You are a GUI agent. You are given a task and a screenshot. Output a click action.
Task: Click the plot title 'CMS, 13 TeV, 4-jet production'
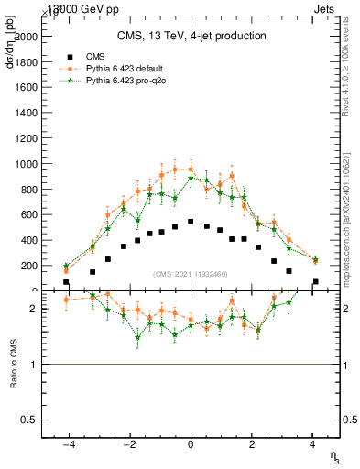pos(191,37)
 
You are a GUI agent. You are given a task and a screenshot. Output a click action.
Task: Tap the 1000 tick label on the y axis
pos(29,164)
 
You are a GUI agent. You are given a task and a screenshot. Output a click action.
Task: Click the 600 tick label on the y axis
pos(32,214)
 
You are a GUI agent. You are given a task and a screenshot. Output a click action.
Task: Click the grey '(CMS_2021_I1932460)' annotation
pos(191,274)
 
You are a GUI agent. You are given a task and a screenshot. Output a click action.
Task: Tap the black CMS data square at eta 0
pos(191,222)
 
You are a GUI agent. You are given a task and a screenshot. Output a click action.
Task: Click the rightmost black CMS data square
pos(316,282)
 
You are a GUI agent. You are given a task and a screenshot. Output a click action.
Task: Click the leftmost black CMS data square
pos(66,282)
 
